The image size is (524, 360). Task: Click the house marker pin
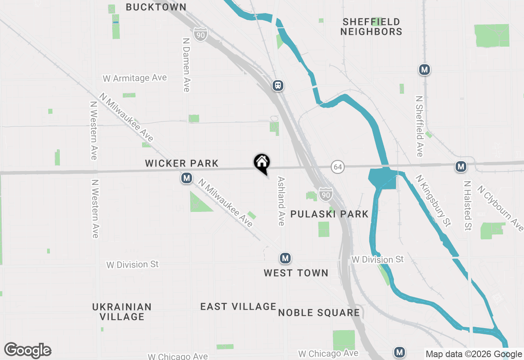pyautogui.click(x=262, y=163)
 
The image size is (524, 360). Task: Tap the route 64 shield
pyautogui.click(x=337, y=167)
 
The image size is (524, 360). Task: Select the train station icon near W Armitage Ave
pyautogui.click(x=278, y=85)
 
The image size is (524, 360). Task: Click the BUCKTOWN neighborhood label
pyautogui.click(x=156, y=7)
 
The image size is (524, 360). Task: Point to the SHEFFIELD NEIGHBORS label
pyautogui.click(x=371, y=27)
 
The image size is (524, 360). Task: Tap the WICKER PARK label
pyautogui.click(x=182, y=164)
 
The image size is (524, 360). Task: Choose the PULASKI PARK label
pyautogui.click(x=330, y=214)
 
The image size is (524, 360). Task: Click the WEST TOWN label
pyautogui.click(x=296, y=273)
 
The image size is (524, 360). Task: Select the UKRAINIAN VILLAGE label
pyautogui.click(x=122, y=312)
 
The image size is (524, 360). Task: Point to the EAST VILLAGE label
pyautogui.click(x=238, y=306)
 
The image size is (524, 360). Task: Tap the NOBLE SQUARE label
pyautogui.click(x=319, y=313)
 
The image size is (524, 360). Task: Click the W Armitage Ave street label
pyautogui.click(x=135, y=78)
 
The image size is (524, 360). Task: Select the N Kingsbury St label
pyautogui.click(x=433, y=200)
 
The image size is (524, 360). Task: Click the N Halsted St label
pyautogui.click(x=468, y=206)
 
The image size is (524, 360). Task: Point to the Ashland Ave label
pyautogui.click(x=281, y=201)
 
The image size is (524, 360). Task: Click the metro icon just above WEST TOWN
pyautogui.click(x=285, y=258)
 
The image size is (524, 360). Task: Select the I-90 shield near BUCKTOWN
pyautogui.click(x=201, y=35)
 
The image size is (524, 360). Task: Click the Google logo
pyautogui.click(x=27, y=351)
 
